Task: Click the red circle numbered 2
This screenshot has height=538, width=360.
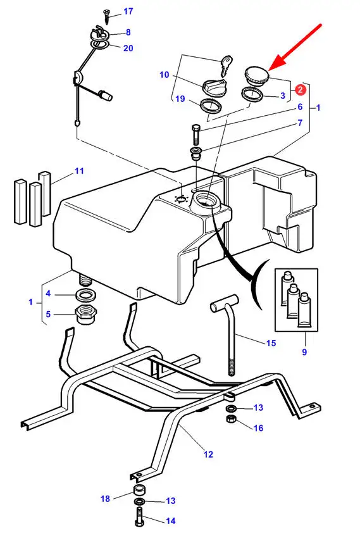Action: pyautogui.click(x=301, y=89)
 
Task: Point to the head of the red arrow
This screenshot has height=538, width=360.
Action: pyautogui.click(x=270, y=70)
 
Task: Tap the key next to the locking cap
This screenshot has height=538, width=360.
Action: pyautogui.click(x=225, y=65)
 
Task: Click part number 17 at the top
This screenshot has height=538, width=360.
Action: pyautogui.click(x=128, y=11)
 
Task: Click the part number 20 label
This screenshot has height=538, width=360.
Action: pyautogui.click(x=128, y=48)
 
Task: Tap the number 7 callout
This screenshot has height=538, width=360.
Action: pyautogui.click(x=300, y=123)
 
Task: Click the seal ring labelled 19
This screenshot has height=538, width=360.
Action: pyautogui.click(x=211, y=105)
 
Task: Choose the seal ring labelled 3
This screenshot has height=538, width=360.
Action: pyautogui.click(x=252, y=94)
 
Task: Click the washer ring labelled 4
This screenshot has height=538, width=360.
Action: pyautogui.click(x=85, y=294)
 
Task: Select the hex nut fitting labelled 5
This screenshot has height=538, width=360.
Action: pyautogui.click(x=85, y=313)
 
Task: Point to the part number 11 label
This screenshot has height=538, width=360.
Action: pyautogui.click(x=79, y=171)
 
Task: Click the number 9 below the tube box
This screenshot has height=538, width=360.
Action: pyautogui.click(x=304, y=352)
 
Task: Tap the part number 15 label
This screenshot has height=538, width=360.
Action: pyautogui.click(x=271, y=343)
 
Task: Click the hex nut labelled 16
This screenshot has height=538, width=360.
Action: pyautogui.click(x=231, y=418)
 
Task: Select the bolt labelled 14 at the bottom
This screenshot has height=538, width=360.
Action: pyautogui.click(x=139, y=516)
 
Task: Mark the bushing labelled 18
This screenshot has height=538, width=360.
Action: pyautogui.click(x=139, y=489)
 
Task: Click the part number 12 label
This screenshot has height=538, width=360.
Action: pyautogui.click(x=208, y=454)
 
